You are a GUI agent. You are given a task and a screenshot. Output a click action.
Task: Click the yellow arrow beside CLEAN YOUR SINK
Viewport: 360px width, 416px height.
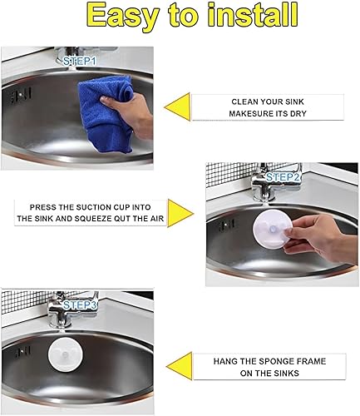[176, 109]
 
